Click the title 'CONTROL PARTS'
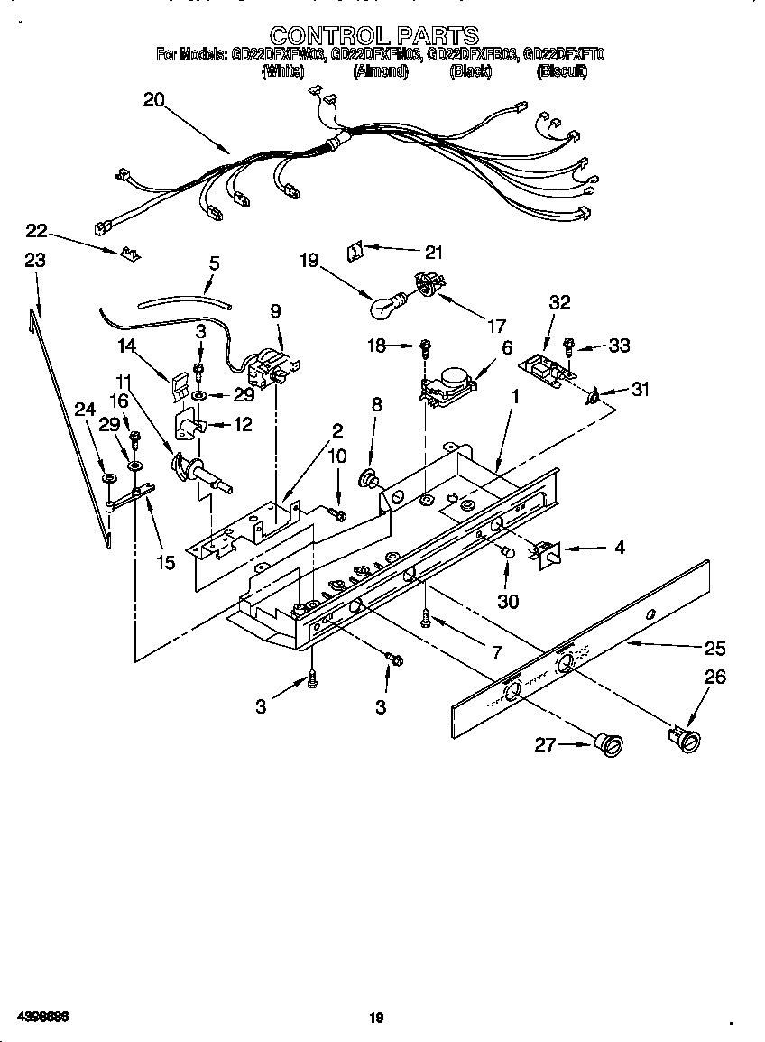tap(374, 35)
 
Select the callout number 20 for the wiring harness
tap(154, 100)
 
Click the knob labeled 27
tap(609, 743)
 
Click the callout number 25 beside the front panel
tap(715, 648)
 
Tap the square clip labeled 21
tap(355, 249)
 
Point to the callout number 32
tap(559, 303)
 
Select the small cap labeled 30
tap(508, 568)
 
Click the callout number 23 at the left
tap(34, 260)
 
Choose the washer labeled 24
tap(107, 477)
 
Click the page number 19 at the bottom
tap(376, 1019)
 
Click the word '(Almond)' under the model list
tap(381, 71)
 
